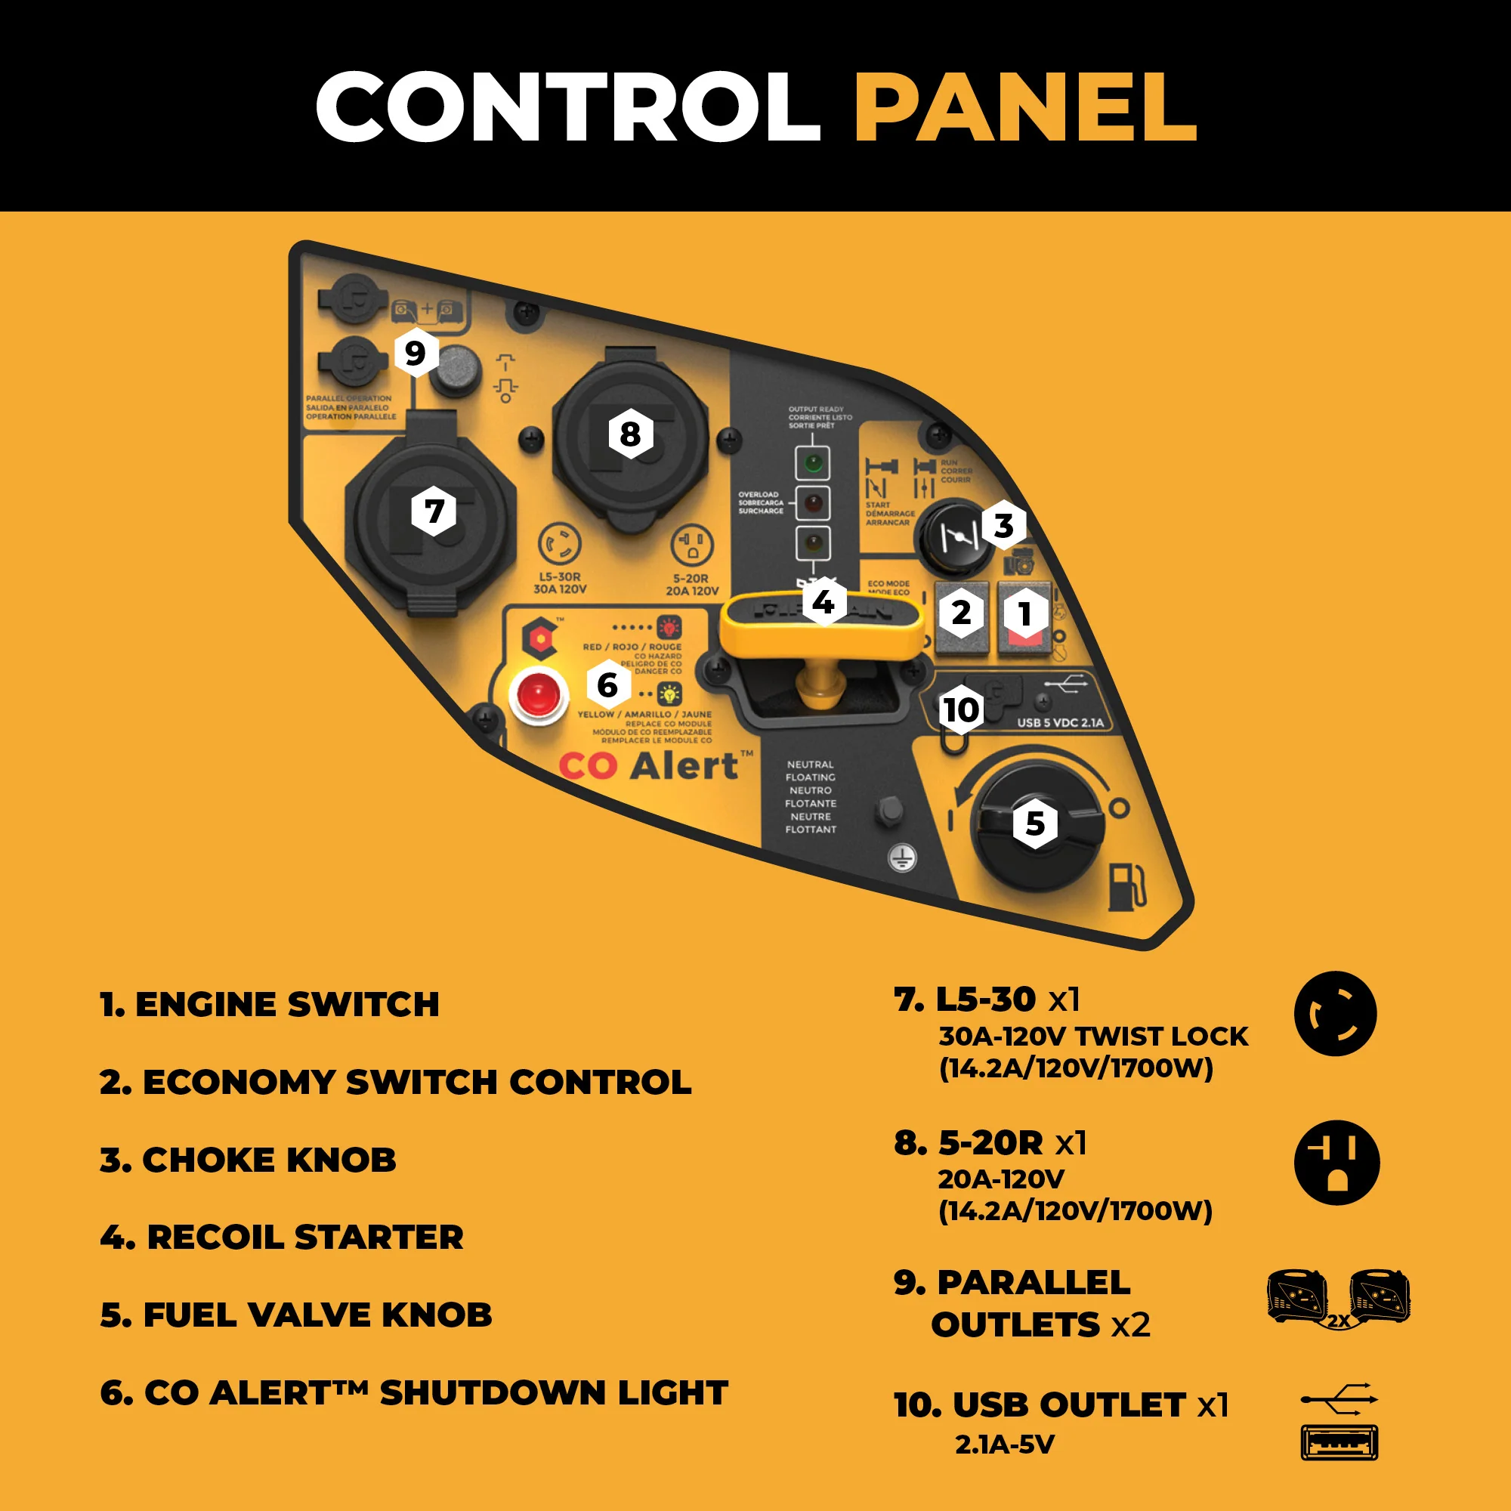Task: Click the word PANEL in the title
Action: tap(1025, 107)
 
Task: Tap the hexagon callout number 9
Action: tap(416, 353)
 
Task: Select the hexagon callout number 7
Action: tap(434, 511)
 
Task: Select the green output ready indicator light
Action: tap(813, 463)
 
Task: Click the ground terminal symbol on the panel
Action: tap(903, 858)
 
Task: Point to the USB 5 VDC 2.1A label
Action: tap(1060, 723)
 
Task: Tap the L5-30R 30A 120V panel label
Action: tap(559, 582)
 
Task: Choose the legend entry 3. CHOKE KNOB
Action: tap(248, 1160)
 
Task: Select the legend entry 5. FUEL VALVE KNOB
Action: tap(296, 1315)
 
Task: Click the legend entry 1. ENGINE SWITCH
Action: tap(270, 1005)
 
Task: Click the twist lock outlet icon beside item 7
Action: tap(1335, 1014)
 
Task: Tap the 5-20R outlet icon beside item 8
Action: tap(1336, 1161)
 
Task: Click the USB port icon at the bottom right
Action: tap(1339, 1443)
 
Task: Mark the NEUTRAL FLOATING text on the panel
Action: tap(811, 771)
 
